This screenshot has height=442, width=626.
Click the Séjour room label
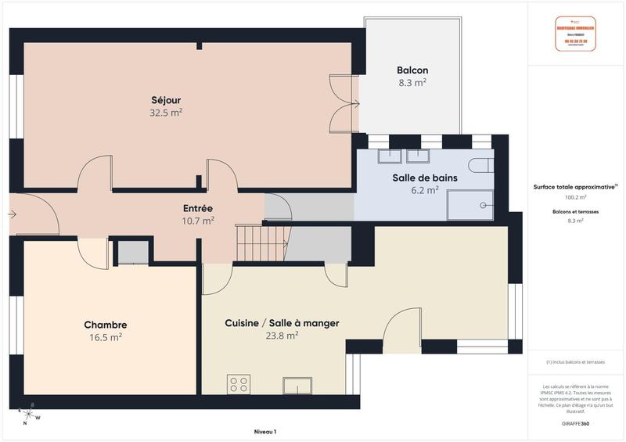(167, 99)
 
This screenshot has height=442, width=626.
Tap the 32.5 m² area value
(167, 112)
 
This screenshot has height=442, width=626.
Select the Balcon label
(412, 70)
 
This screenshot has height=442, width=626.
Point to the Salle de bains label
(425, 178)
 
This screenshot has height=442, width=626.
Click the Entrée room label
(198, 208)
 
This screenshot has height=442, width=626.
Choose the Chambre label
(106, 325)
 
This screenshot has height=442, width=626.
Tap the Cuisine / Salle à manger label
(282, 322)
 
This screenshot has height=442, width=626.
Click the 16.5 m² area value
(106, 337)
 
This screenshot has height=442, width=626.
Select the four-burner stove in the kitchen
(239, 384)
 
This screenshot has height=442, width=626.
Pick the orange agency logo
(575, 34)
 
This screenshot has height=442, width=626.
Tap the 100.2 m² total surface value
(575, 197)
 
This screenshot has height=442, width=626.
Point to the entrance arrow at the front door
(13, 213)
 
